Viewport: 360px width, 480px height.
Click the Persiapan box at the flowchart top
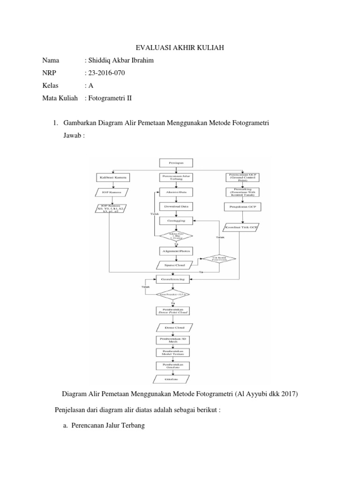pyautogui.click(x=172, y=162)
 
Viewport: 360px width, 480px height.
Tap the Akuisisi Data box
pyautogui.click(x=172, y=192)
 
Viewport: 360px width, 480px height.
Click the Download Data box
pyautogui.click(x=172, y=206)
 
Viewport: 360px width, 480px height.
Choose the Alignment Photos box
pyautogui.click(x=172, y=251)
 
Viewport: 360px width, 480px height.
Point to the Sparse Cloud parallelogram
pyautogui.click(x=172, y=265)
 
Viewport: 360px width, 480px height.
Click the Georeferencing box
pyautogui.click(x=172, y=279)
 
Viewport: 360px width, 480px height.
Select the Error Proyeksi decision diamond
pyautogui.click(x=172, y=294)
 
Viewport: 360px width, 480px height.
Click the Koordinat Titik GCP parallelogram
pyautogui.click(x=241, y=227)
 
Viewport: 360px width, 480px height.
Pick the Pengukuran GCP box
pyautogui.click(x=241, y=206)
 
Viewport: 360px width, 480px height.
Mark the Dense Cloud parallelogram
pyautogui.click(x=172, y=328)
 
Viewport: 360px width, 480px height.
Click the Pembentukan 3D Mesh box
pyautogui.click(x=172, y=340)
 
